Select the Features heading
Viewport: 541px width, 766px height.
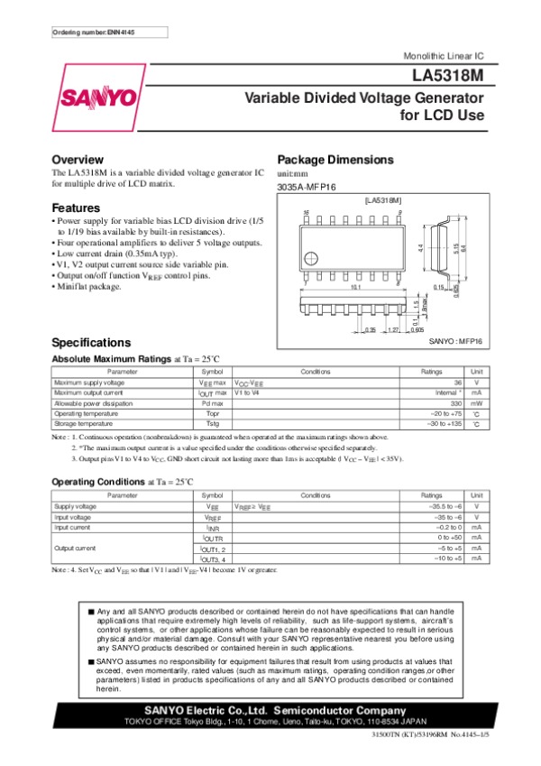tap(76, 208)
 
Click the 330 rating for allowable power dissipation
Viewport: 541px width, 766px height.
tap(455, 403)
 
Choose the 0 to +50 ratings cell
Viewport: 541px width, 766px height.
tap(447, 538)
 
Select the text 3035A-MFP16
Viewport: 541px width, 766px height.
tap(306, 186)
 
